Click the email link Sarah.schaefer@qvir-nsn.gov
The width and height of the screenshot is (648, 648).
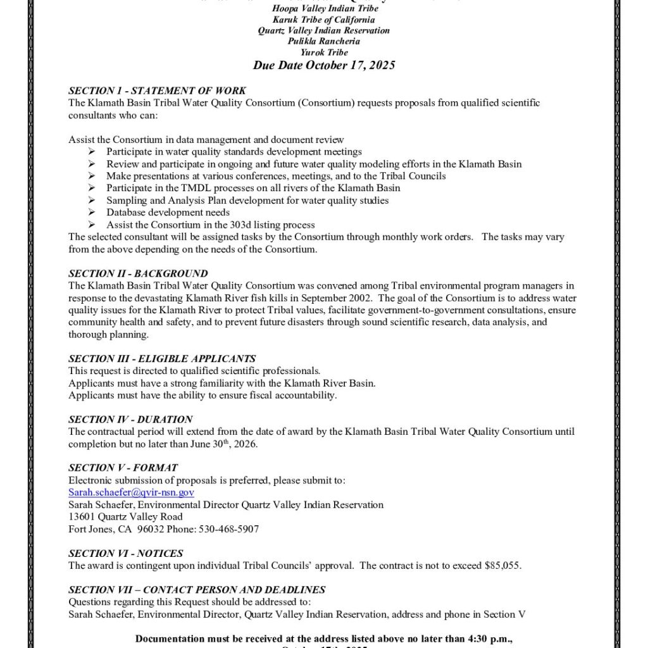pos(131,492)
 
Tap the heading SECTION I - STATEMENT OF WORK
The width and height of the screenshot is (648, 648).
pos(157,90)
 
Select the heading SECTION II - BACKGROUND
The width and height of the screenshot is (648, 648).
pos(138,273)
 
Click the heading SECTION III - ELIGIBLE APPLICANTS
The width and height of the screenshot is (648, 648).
pos(162,358)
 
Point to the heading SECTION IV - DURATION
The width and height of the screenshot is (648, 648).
pos(130,419)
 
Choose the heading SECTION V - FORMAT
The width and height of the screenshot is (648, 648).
pos(123,468)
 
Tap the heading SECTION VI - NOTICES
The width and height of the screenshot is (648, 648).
pos(126,553)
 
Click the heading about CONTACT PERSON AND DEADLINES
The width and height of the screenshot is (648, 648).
pos(197,590)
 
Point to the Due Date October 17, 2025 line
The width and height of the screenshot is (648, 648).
pos(324,65)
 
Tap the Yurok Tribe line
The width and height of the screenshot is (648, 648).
pos(324,53)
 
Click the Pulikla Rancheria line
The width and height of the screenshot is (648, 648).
pos(324,41)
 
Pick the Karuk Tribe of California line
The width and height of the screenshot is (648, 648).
pos(324,20)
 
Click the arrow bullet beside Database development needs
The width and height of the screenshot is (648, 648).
pos(92,213)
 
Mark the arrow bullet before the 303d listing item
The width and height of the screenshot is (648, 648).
pos(92,225)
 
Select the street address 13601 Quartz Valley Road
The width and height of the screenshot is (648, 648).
pos(125,516)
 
